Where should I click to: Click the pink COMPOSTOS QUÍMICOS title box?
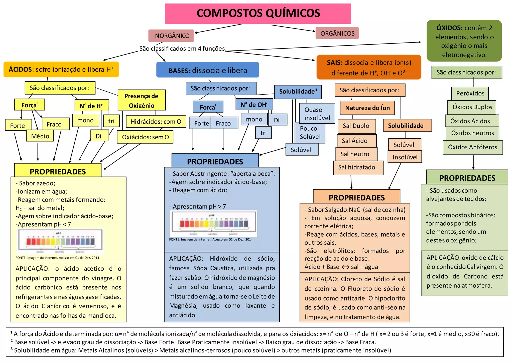[258, 13]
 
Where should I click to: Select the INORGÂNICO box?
[171, 36]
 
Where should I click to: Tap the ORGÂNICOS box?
[337, 33]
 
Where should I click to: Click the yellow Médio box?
[40, 136]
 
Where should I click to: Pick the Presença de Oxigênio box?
[142, 100]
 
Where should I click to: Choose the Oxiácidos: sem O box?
[145, 137]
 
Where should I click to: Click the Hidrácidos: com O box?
[156, 122]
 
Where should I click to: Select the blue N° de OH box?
[254, 104]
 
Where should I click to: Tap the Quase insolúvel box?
[317, 114]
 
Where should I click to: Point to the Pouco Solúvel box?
[310, 133]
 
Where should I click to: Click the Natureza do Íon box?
[367, 108]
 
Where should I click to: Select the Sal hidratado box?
[358, 167]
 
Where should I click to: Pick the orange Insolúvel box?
[405, 157]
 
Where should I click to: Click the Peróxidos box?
[470, 93]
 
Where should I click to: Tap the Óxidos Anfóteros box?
[472, 147]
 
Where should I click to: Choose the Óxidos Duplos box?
[472, 107]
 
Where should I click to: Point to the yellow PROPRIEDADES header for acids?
[58, 171]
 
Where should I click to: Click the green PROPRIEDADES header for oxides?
[467, 178]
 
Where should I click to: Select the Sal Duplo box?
[356, 126]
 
